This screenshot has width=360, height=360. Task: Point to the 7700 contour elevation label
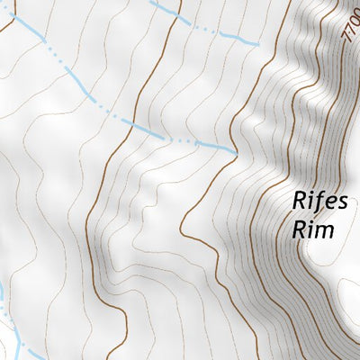(351, 36)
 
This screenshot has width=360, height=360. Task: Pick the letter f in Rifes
(316, 201)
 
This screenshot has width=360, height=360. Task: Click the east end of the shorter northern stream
(259, 42)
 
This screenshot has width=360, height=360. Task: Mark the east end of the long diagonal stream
(236, 152)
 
